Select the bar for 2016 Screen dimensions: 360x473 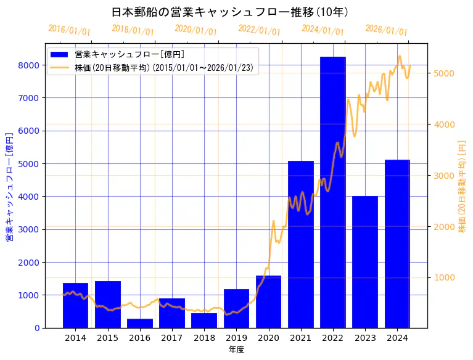click(140, 323)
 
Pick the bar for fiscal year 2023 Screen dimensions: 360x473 click(365, 262)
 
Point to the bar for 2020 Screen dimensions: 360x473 click(269, 301)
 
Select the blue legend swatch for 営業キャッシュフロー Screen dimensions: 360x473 click(60, 54)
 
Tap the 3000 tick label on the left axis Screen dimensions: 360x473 click(30, 229)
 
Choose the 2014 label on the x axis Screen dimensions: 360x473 click(75, 338)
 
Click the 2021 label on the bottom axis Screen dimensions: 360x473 click(301, 338)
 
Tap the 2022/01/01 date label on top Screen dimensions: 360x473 click(259, 30)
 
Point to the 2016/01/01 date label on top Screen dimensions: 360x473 click(69, 30)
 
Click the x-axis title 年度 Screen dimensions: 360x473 click(236, 350)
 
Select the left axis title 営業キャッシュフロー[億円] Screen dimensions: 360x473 click(9, 186)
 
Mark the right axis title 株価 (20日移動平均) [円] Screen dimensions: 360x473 click(463, 186)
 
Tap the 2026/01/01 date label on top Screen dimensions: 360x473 click(386, 30)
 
